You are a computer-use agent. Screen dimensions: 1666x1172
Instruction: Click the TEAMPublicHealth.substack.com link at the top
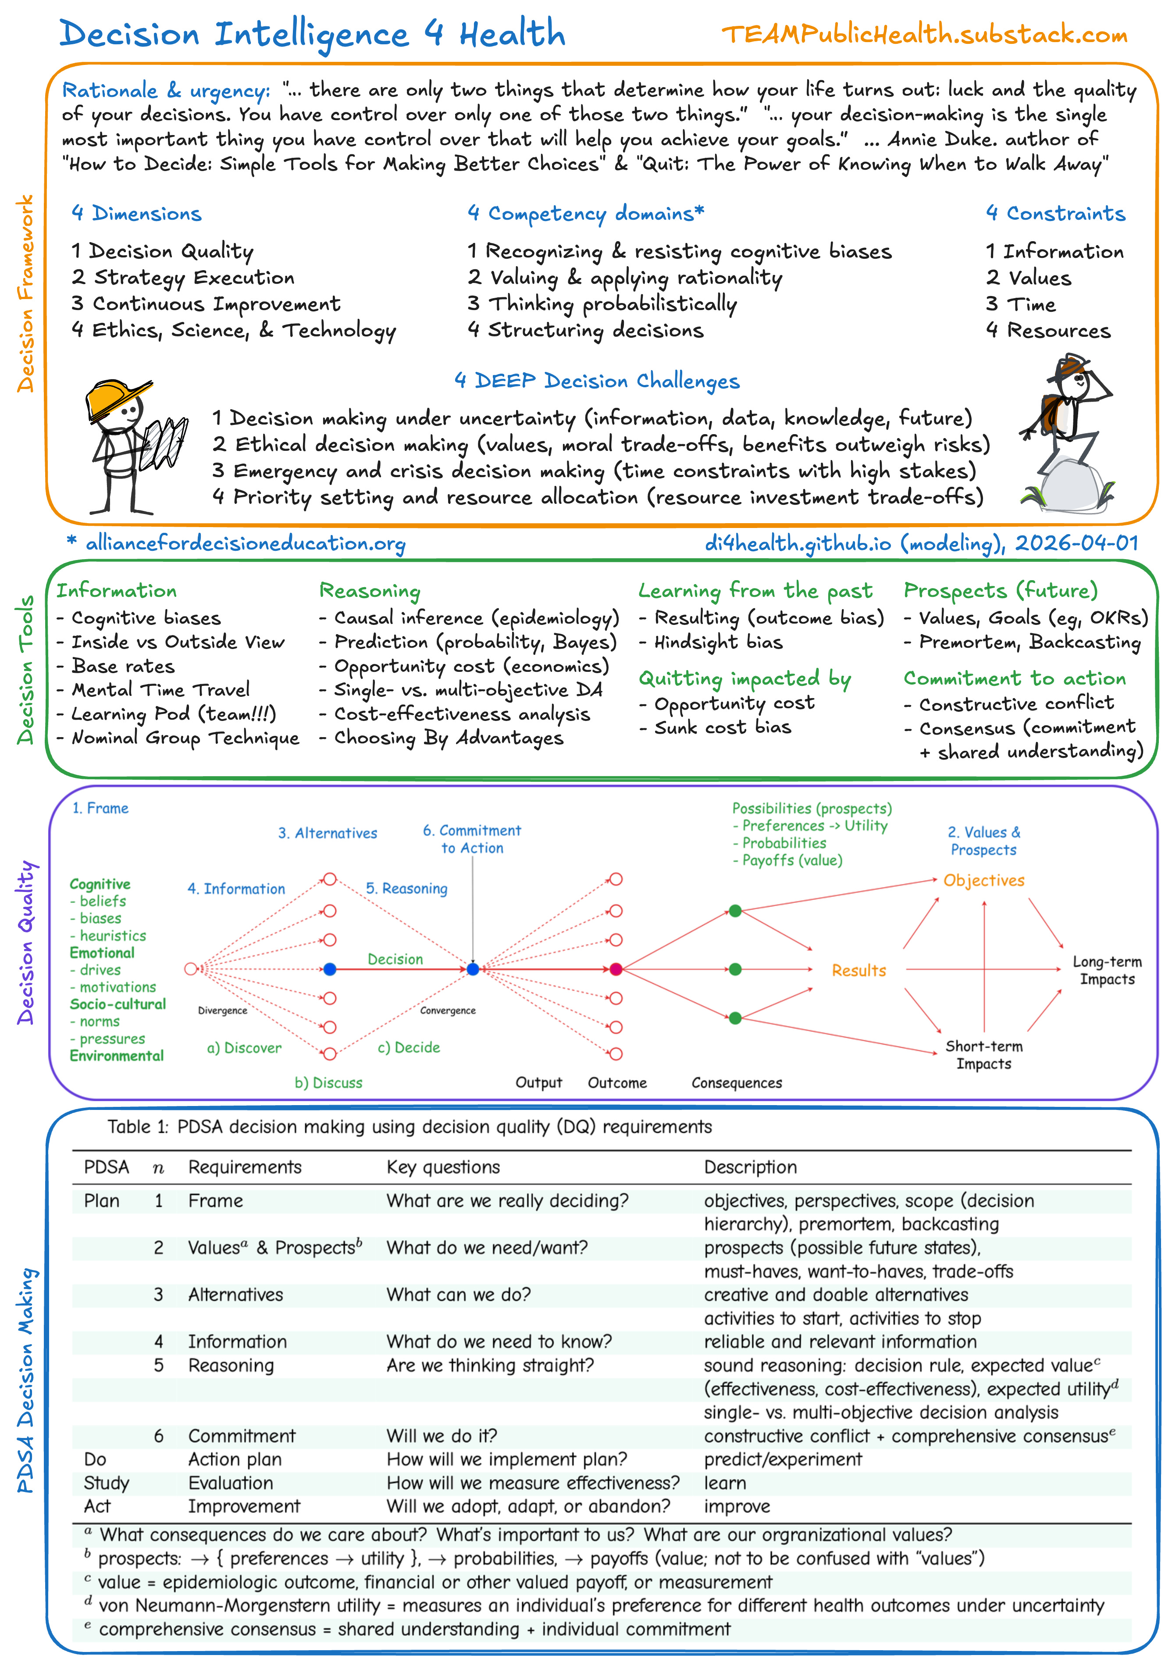pyautogui.click(x=924, y=34)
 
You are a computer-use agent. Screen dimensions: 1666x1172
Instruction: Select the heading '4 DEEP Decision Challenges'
pyautogui.click(x=596, y=381)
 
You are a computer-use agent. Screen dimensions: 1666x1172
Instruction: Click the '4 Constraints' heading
pyautogui.click(x=1055, y=213)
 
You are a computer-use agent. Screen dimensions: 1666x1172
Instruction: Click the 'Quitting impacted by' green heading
pyautogui.click(x=745, y=678)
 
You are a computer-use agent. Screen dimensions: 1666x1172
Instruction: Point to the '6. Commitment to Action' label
pyautogui.click(x=472, y=839)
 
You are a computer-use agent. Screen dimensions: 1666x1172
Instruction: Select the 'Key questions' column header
pyautogui.click(x=443, y=1167)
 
